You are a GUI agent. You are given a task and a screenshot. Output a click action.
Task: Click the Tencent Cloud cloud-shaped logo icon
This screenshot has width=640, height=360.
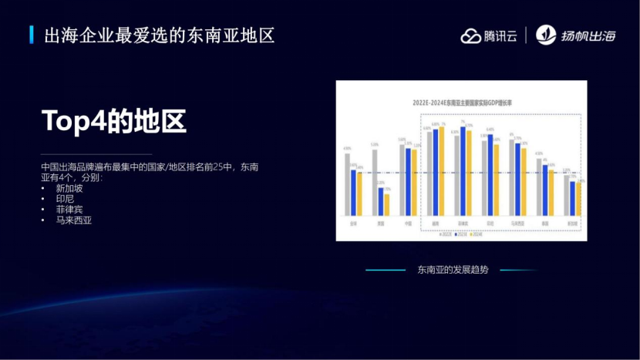471,35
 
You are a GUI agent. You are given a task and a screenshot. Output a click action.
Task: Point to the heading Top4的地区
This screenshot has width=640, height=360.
114,122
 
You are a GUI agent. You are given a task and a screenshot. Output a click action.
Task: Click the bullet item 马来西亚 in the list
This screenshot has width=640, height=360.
72,220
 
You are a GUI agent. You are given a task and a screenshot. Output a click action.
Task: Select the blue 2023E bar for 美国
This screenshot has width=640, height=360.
381,201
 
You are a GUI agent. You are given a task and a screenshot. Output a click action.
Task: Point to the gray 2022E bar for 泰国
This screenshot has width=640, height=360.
539,186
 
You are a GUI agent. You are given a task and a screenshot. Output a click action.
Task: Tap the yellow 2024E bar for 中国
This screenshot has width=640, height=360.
414,182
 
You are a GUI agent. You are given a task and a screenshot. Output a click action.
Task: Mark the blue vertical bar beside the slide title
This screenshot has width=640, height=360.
32,35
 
